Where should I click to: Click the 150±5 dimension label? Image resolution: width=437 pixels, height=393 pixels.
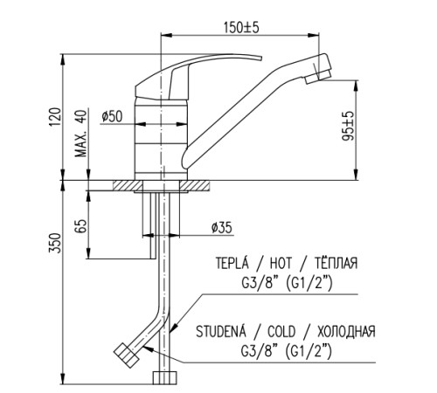tap(241, 27)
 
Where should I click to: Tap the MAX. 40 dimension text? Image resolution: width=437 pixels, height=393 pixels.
tap(80, 134)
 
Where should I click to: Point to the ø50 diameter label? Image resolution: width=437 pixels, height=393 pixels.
tap(112, 116)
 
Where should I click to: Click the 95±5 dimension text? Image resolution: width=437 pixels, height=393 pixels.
tap(348, 126)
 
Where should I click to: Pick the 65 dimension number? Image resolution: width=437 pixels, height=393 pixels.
tap(80, 226)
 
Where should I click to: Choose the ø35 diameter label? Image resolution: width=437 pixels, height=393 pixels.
tap(222, 228)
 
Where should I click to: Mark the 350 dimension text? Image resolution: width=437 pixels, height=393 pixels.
tap(55, 243)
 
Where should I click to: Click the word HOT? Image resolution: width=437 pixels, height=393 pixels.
tap(281, 263)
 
